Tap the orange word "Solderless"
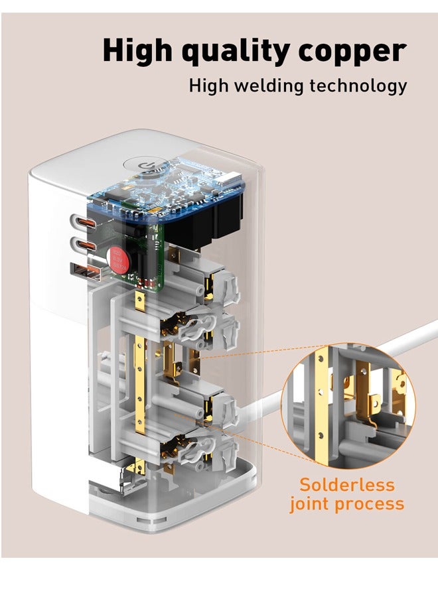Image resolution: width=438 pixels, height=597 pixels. click(346, 484)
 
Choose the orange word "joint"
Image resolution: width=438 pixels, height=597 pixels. click(308, 504)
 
